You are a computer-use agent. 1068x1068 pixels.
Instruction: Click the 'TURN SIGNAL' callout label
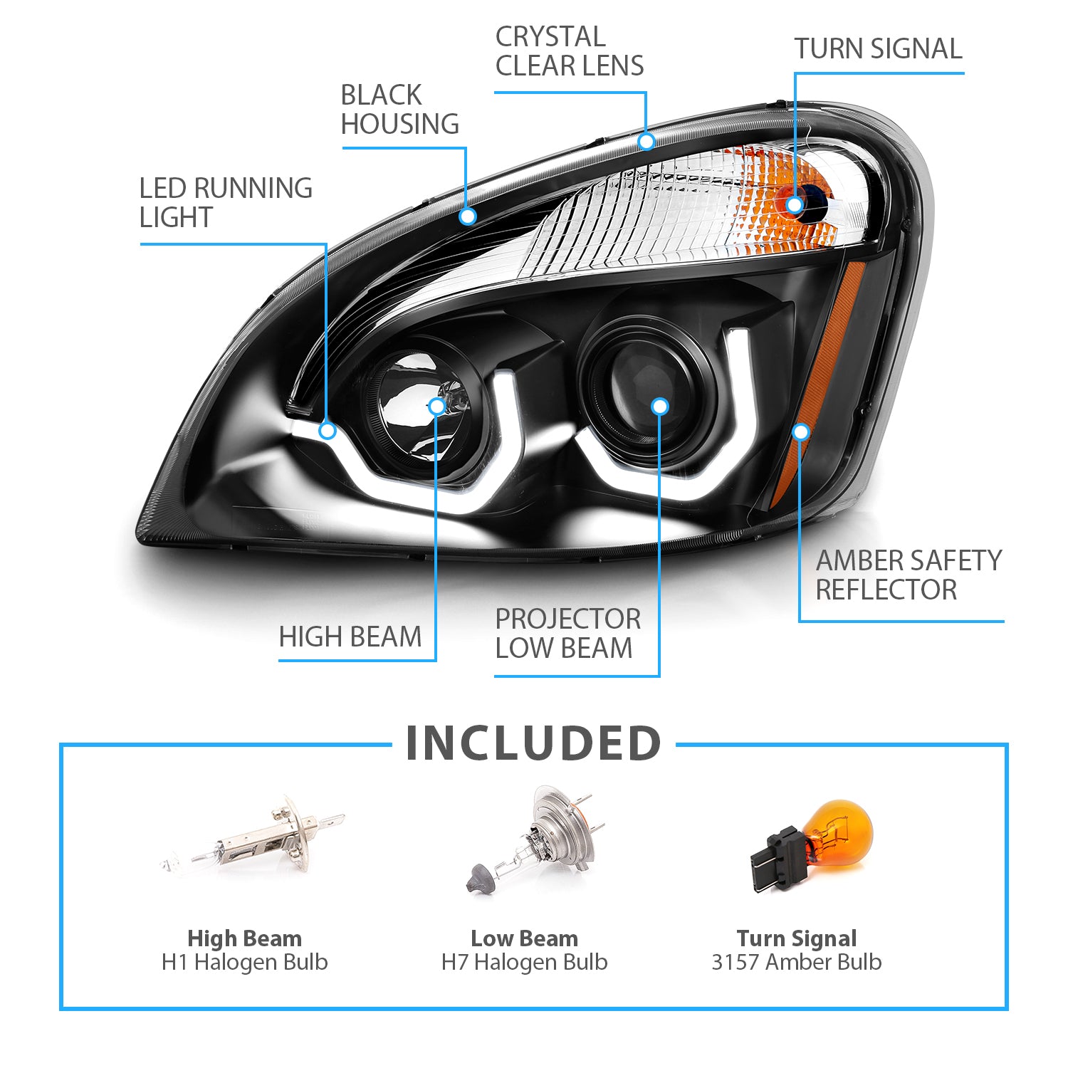(878, 49)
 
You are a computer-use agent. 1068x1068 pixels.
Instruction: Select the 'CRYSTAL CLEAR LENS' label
(569, 51)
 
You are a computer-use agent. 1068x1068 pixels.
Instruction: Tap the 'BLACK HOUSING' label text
(399, 110)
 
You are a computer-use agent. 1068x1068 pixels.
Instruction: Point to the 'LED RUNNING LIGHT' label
(225, 203)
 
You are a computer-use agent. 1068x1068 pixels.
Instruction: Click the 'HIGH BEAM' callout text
(350, 637)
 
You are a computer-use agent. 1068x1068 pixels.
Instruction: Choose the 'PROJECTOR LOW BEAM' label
(567, 634)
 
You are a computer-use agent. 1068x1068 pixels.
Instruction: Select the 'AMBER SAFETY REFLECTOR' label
(908, 575)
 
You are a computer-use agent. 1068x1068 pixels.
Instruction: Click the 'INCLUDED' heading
(533, 743)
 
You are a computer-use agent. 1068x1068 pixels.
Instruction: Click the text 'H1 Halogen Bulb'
(244, 963)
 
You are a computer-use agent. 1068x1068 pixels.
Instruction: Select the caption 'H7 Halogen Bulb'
(524, 963)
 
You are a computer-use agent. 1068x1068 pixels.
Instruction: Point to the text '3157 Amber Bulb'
(796, 963)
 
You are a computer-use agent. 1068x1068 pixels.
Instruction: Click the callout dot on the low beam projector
(660, 407)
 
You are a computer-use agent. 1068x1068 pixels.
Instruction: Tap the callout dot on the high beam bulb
(436, 407)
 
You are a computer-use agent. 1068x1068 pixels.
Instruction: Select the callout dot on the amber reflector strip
(801, 432)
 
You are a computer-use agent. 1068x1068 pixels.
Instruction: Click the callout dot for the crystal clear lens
(646, 142)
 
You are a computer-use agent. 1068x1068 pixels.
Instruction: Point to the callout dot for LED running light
(328, 431)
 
